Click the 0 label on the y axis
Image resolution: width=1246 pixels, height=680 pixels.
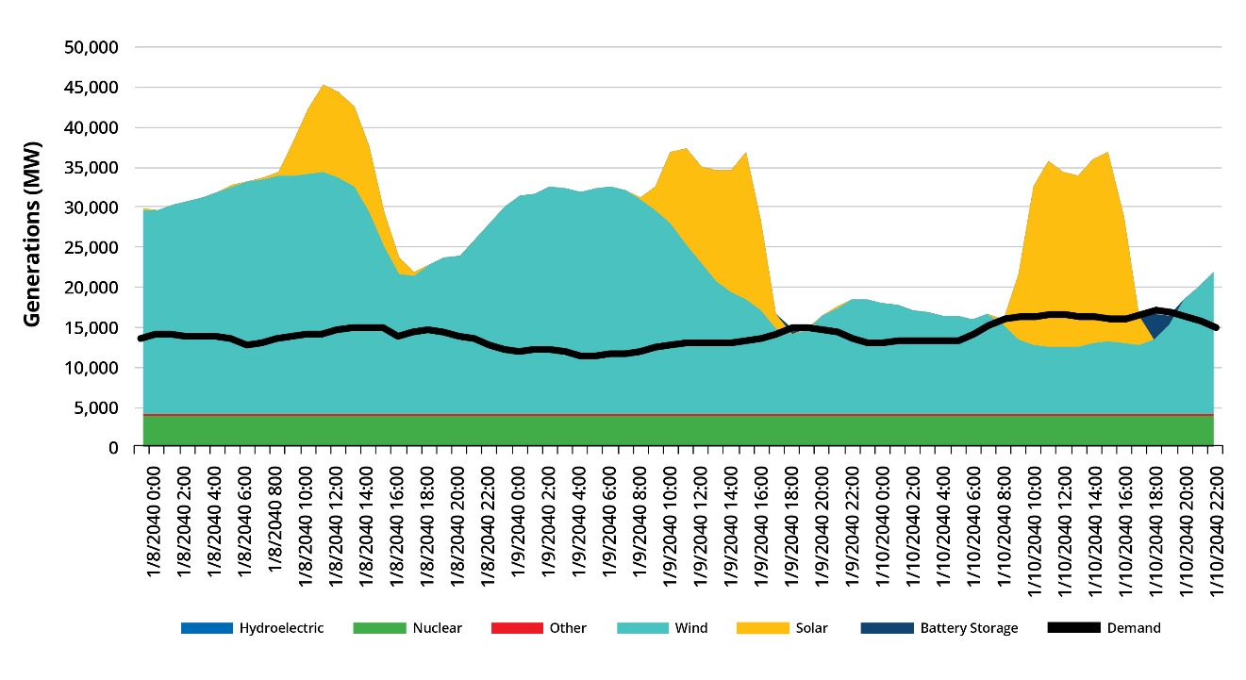click(x=112, y=447)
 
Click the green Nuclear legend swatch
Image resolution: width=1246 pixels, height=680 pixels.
click(x=378, y=628)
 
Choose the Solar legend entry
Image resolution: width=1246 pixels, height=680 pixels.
click(x=812, y=628)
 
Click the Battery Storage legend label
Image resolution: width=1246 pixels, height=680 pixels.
click(x=969, y=628)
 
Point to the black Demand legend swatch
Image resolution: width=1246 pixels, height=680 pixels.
click(x=1073, y=628)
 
